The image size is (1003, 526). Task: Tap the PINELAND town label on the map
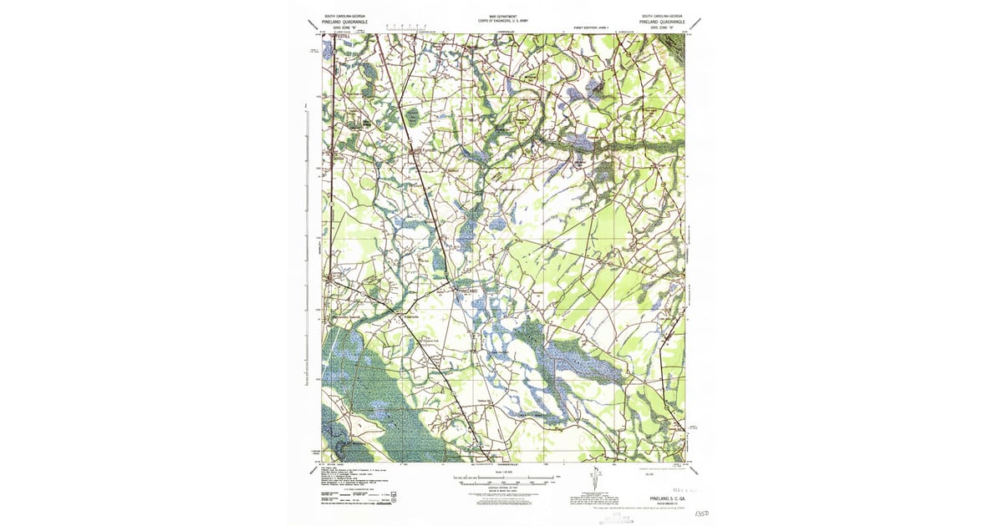point(466,290)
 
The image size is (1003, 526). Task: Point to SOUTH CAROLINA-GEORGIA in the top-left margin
point(343,16)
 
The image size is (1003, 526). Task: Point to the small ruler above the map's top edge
point(418,29)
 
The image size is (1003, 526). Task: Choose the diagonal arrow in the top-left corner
point(311,23)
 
